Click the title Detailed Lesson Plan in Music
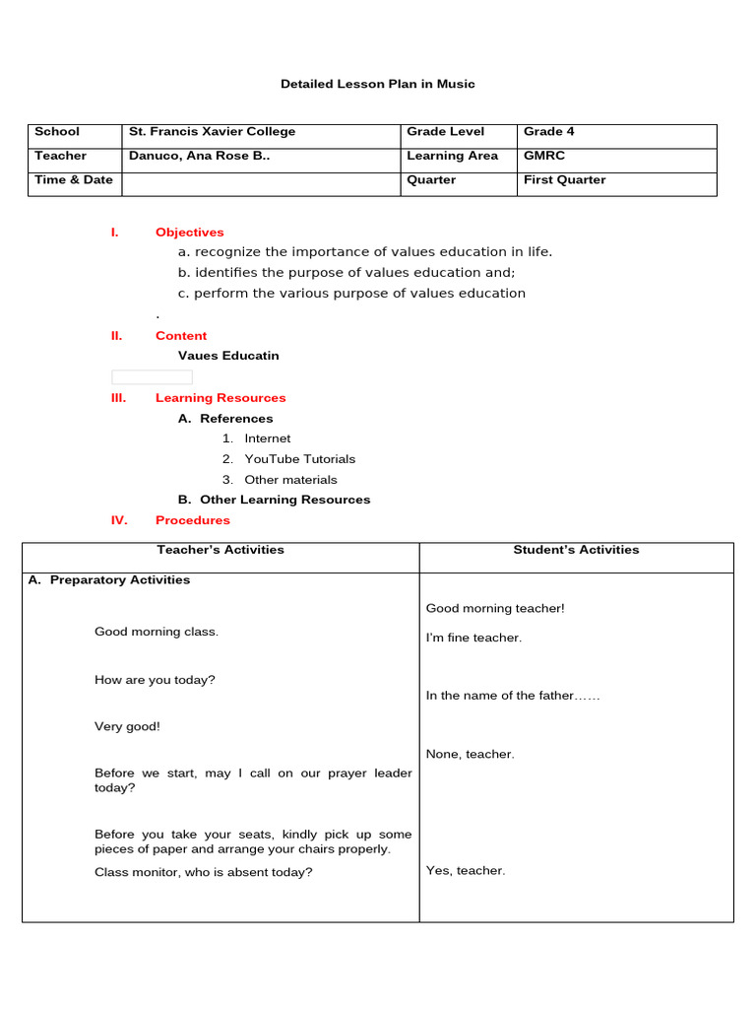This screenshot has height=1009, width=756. [377, 84]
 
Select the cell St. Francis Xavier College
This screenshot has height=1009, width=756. [212, 132]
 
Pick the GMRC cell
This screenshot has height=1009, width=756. [544, 156]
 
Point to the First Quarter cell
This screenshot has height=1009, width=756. [564, 180]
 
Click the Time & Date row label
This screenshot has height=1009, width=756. [74, 180]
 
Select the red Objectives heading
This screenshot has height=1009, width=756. [189, 233]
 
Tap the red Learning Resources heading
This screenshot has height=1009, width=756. [220, 398]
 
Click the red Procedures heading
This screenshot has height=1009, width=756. [192, 520]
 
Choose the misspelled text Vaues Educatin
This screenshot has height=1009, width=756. [228, 356]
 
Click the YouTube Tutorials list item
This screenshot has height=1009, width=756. [299, 459]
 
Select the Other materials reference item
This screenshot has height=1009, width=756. [290, 480]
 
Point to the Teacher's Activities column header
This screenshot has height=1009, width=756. [220, 550]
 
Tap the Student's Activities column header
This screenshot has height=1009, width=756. [576, 550]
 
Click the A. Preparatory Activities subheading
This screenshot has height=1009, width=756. [109, 580]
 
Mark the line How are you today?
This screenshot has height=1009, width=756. [155, 680]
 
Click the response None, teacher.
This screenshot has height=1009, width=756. [470, 754]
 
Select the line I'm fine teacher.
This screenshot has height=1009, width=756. [473, 638]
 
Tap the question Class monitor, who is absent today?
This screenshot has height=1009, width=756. [203, 872]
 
